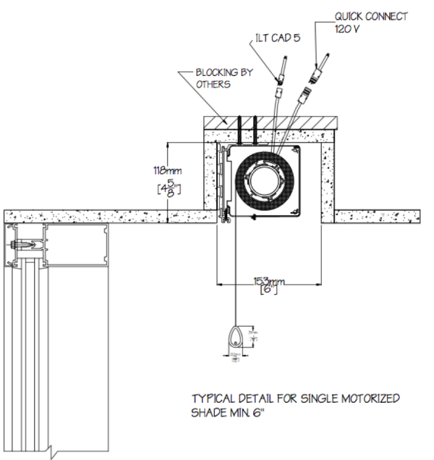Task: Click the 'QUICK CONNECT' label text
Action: [370, 16]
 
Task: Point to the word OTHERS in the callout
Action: [212, 84]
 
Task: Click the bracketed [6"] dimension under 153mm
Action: [268, 291]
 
